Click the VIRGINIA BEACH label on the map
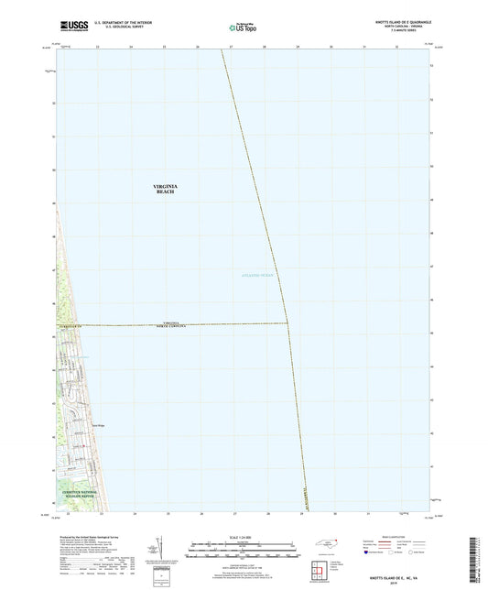[x=165, y=189]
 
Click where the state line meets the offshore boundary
[x=288, y=322]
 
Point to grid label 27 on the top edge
[x=232, y=47]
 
